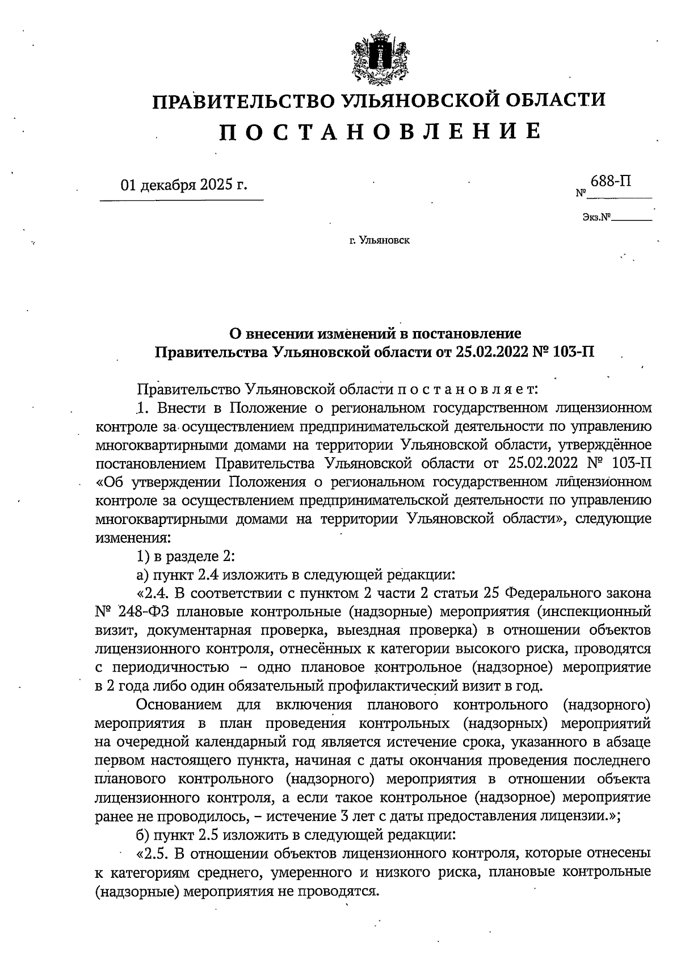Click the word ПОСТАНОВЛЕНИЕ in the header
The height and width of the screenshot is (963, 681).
pos(379,131)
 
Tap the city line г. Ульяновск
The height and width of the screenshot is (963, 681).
pos(379,241)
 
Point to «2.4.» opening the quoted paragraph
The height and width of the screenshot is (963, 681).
pos(152,594)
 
